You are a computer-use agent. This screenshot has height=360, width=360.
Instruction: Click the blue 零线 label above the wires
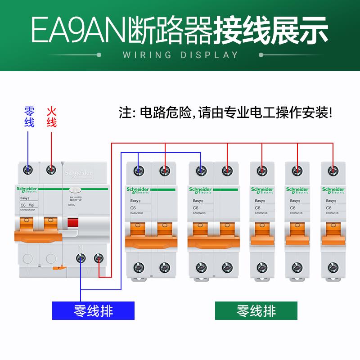tap(29, 117)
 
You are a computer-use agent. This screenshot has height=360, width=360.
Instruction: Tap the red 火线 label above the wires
tap(52, 117)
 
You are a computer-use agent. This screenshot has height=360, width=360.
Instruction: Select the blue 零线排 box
tap(94, 310)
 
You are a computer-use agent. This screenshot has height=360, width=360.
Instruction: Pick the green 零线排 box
tap(256, 310)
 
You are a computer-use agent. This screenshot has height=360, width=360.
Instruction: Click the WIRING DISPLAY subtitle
tap(180, 55)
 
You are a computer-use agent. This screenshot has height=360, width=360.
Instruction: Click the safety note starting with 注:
tap(225, 112)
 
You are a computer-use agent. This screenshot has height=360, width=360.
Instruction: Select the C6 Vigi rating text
tap(27, 205)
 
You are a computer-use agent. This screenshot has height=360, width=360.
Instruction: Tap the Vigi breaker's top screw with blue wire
tap(28, 170)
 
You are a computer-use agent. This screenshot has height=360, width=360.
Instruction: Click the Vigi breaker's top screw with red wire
tap(51, 170)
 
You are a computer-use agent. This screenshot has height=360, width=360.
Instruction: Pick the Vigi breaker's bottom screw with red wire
tap(99, 258)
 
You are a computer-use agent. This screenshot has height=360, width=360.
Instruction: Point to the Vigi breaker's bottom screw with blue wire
tap(81, 258)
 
